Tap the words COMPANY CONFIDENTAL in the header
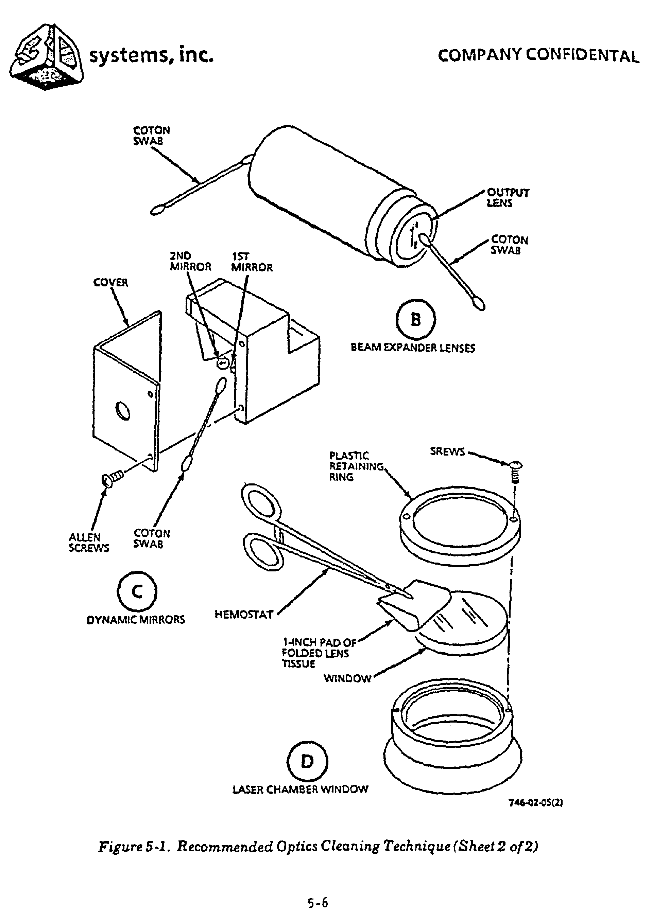pyautogui.click(x=538, y=56)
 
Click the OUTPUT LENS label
pyautogui.click(x=508, y=198)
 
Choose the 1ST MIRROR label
pyautogui.click(x=252, y=262)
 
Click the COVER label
pyautogui.click(x=111, y=282)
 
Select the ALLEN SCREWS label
pyautogui.click(x=89, y=543)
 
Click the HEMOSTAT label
pyautogui.click(x=244, y=615)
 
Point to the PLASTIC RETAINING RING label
pyautogui.click(x=356, y=466)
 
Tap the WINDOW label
pyautogui.click(x=347, y=678)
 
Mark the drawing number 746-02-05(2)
pyautogui.click(x=535, y=802)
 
